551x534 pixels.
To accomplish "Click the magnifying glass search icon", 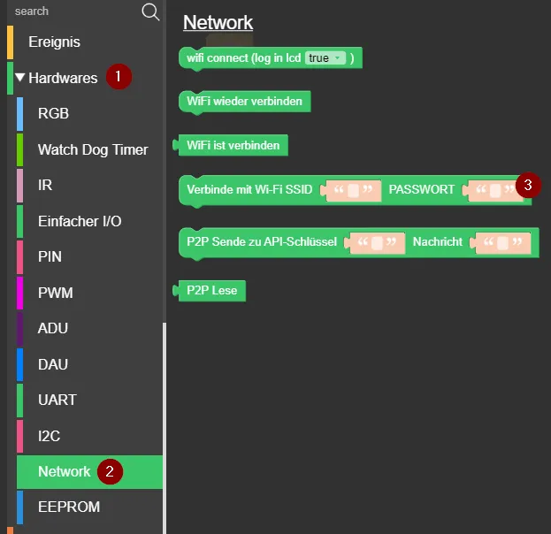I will point(150,11).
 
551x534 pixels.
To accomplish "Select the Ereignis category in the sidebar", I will point(54,42).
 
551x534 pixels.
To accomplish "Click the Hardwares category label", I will point(63,78).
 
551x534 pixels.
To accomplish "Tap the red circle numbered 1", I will point(119,77).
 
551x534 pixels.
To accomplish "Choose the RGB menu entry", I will point(53,113).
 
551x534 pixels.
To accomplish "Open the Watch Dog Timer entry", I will point(93,149).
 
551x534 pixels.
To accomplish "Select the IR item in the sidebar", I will point(45,185).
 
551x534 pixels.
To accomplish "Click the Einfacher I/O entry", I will point(80,221).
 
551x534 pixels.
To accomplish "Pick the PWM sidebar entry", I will point(56,293).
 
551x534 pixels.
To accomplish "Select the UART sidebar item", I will point(57,400).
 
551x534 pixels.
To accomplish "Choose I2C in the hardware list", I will point(50,436).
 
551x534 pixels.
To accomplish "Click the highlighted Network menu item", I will point(65,471).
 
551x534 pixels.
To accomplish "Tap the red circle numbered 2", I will point(110,471).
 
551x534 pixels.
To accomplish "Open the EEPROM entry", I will point(69,507).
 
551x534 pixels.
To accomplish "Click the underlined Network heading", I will point(218,23).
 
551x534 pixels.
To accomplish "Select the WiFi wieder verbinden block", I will point(244,102).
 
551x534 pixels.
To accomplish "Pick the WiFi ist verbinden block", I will point(233,145).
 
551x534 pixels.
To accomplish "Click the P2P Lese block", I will point(211,290).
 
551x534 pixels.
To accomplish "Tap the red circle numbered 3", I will point(528,185).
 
